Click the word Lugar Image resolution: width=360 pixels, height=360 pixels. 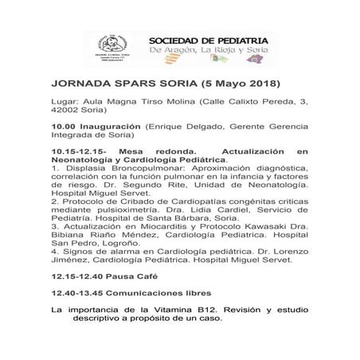click(x=65, y=102)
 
